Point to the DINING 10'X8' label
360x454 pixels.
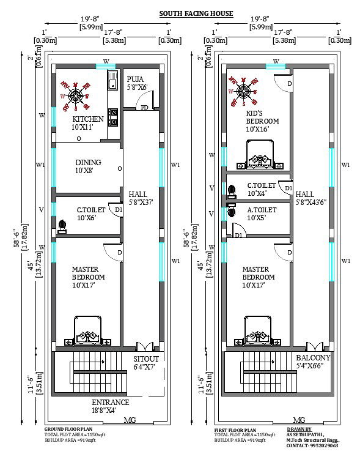point(88,166)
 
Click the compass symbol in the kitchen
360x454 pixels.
point(76,95)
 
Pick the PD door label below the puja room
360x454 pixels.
point(144,108)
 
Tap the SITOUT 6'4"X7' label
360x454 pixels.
point(146,363)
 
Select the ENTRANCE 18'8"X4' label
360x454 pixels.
point(110,406)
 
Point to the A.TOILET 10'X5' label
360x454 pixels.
point(262,214)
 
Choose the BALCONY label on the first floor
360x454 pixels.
point(313,362)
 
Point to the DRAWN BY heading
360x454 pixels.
point(299,430)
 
